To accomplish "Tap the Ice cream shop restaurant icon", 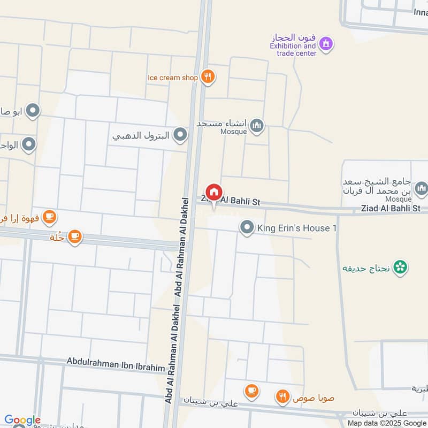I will tap(208, 77).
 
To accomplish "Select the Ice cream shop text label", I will tap(173, 78).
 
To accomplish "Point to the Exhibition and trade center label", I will tap(293, 50).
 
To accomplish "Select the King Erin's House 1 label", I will tap(297, 228).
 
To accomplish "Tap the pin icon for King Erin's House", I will tap(247, 228).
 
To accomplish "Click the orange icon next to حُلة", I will tap(75, 236).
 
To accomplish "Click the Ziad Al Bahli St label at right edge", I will tap(391, 208).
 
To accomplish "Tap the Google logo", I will tap(22, 421).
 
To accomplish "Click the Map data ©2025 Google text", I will tap(392, 423).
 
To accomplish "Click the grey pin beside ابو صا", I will tap(33, 111).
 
